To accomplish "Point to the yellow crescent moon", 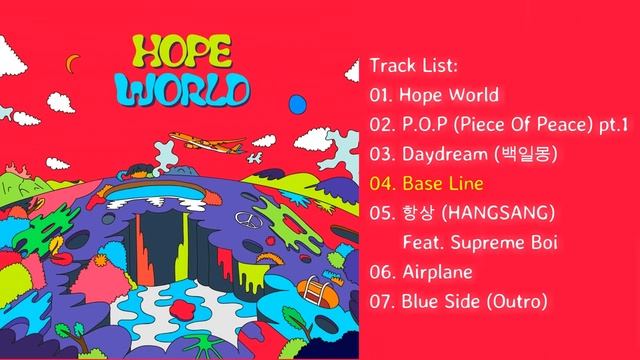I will point(70,62).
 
